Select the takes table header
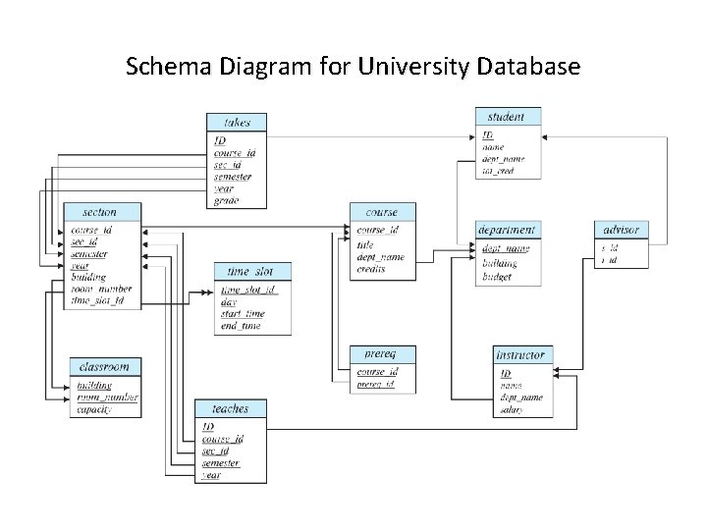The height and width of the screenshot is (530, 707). pos(237,123)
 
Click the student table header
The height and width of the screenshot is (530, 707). pos(506,116)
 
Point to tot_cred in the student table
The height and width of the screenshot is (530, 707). pos(498,171)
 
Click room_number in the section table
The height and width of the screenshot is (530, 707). pos(101,289)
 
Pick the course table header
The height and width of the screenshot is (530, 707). pos(382,211)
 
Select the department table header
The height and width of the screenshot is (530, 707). pos(507,230)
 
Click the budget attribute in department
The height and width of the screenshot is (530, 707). pos(497,277)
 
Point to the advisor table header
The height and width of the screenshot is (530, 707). pos(621,230)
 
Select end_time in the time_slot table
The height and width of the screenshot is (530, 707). pos(241,326)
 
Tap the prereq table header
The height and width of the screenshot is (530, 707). pos(379,352)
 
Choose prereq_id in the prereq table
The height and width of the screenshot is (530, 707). pos(376,384)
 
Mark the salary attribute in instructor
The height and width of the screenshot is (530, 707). pos(511,409)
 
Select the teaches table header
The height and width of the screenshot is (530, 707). pos(229,408)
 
